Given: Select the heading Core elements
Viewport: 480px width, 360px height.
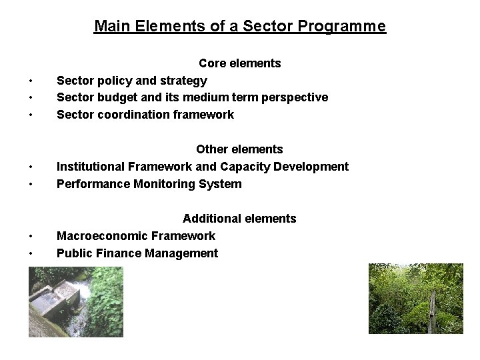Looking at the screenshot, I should coord(240,63).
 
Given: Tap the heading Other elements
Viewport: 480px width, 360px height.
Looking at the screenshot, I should coord(239,149).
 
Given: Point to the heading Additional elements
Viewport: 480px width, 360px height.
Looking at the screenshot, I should coord(239,219).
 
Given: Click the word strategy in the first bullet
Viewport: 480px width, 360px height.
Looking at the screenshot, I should coord(183,81).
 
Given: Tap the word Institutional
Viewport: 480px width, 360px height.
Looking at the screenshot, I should coord(89,167).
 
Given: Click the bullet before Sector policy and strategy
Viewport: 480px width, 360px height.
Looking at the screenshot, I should coord(31,81).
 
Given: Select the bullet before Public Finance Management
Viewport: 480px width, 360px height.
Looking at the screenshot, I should coord(31,254).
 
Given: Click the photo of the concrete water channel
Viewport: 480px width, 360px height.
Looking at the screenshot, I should coord(75,302).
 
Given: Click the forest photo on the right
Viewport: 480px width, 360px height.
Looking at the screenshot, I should coord(415,298).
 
